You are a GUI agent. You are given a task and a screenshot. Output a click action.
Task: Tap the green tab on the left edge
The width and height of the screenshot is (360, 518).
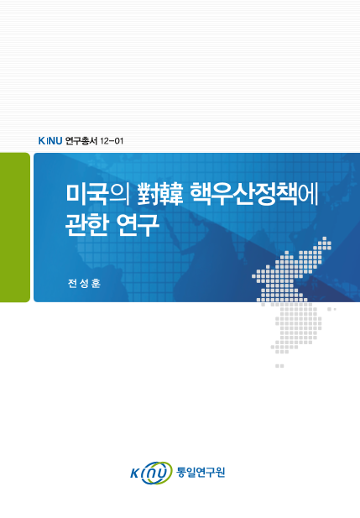[x=14, y=227]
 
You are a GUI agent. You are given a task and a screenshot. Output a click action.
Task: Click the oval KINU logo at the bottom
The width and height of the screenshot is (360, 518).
[x=150, y=474]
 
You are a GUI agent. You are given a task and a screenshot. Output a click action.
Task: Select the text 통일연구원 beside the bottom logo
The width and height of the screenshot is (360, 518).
[x=201, y=472]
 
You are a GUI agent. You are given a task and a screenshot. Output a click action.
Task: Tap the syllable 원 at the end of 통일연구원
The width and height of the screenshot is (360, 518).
[x=221, y=472]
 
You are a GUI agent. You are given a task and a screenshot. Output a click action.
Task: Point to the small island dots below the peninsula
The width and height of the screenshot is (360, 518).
[x=279, y=366]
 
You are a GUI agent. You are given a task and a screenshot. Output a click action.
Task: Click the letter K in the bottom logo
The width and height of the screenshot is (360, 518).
[x=137, y=474]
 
